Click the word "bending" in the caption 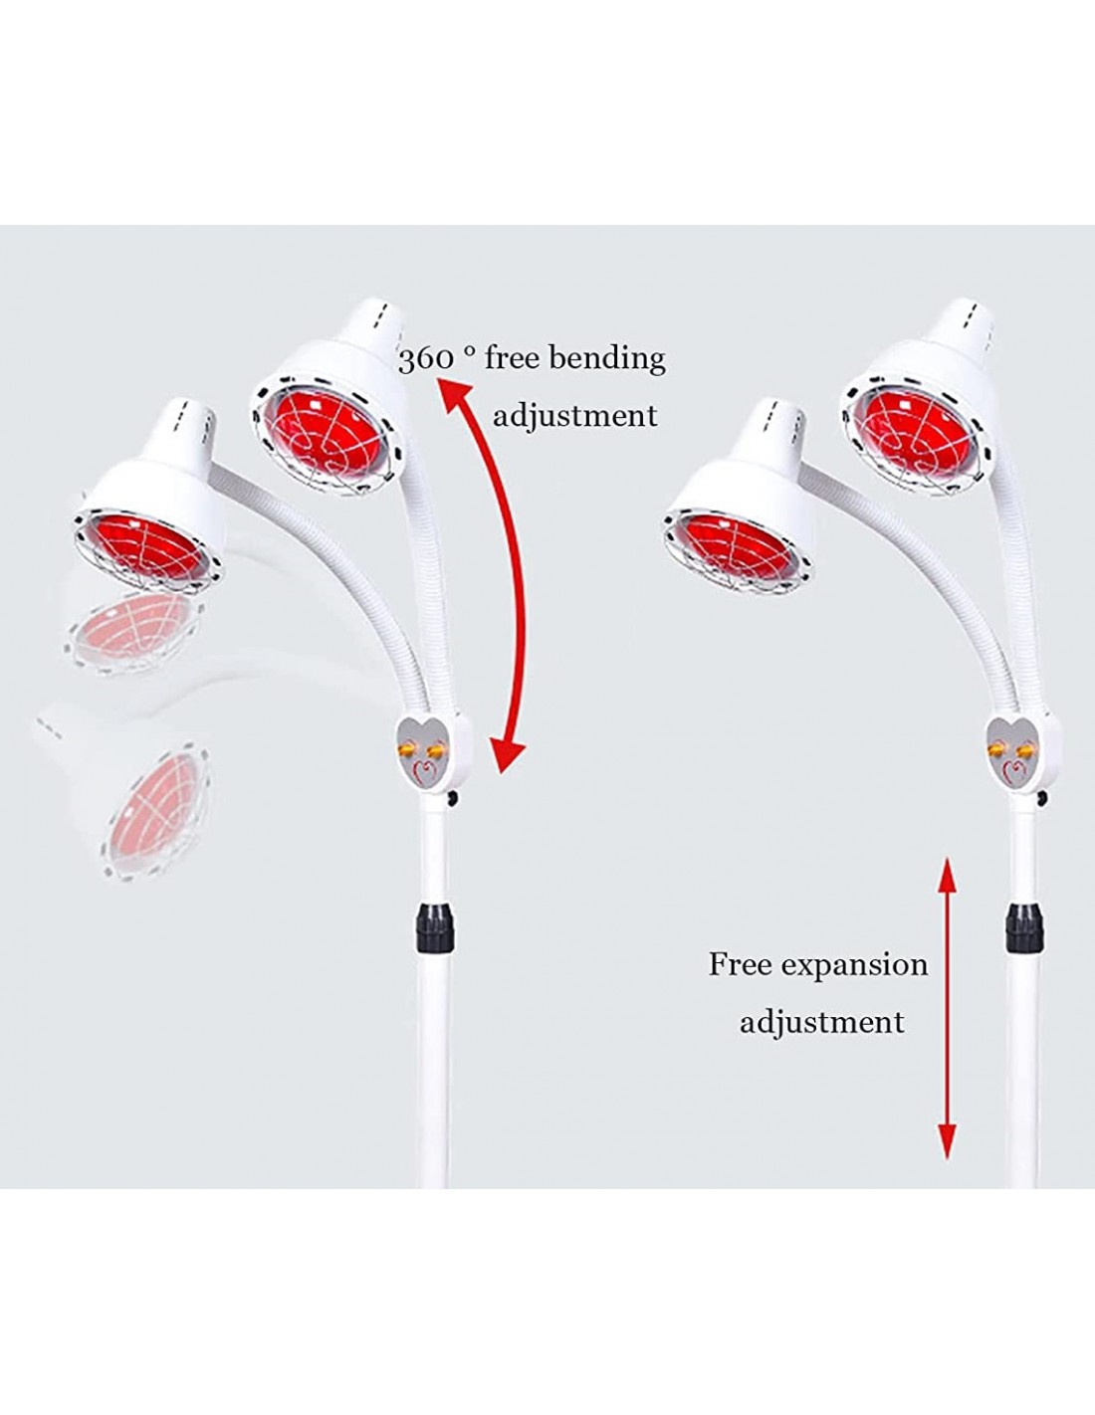click(x=606, y=360)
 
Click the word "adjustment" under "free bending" click(x=574, y=416)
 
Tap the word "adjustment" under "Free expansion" click(x=821, y=1022)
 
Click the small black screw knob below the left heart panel click(x=452, y=798)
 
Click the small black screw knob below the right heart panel click(x=1041, y=798)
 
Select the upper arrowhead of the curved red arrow click(x=453, y=394)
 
